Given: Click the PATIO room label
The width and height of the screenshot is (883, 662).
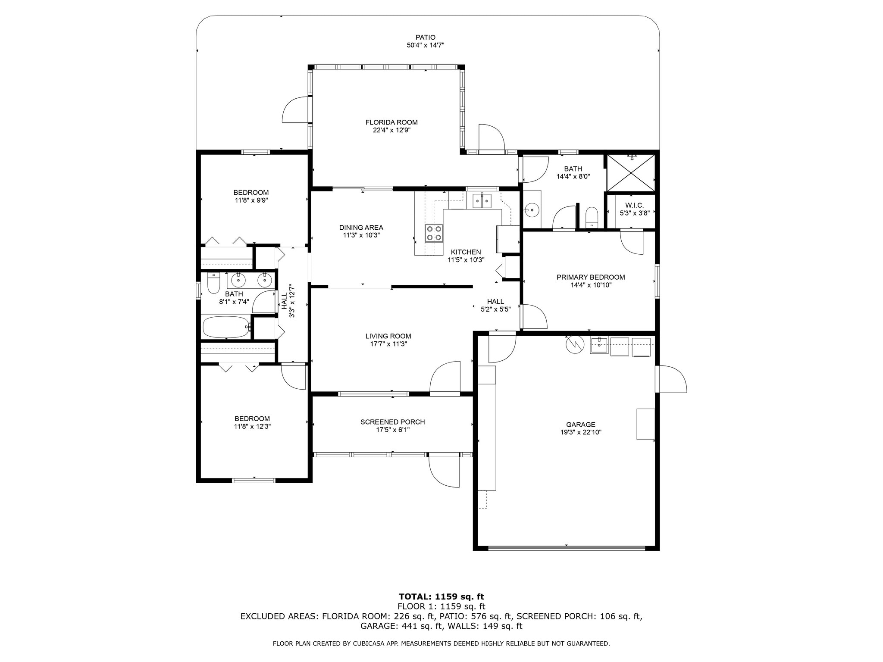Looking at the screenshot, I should (x=425, y=37).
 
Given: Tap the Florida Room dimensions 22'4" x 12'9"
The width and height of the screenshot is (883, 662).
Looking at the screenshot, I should (x=391, y=130).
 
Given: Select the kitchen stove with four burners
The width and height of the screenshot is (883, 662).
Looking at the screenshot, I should (x=434, y=233).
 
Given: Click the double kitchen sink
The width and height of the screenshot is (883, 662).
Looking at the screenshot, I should (x=482, y=201).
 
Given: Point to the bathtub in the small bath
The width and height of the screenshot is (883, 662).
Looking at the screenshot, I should (x=226, y=327).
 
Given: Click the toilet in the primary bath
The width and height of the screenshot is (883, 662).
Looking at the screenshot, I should (x=592, y=217).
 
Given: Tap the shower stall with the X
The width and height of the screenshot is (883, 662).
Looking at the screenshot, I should (x=631, y=172).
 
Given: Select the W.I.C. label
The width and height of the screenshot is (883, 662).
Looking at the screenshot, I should (x=634, y=206).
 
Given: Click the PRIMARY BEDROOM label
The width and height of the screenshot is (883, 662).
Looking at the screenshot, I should (x=590, y=277).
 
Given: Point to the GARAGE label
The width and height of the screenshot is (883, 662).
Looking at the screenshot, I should (x=581, y=425).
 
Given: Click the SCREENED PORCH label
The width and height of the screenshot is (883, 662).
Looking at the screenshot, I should (x=392, y=422).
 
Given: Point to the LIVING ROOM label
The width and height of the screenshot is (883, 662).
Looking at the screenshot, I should (x=388, y=336).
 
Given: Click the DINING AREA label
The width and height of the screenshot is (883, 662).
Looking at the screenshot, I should (x=361, y=228).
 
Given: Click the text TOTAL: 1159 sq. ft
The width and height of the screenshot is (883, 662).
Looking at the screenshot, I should (x=441, y=597).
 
